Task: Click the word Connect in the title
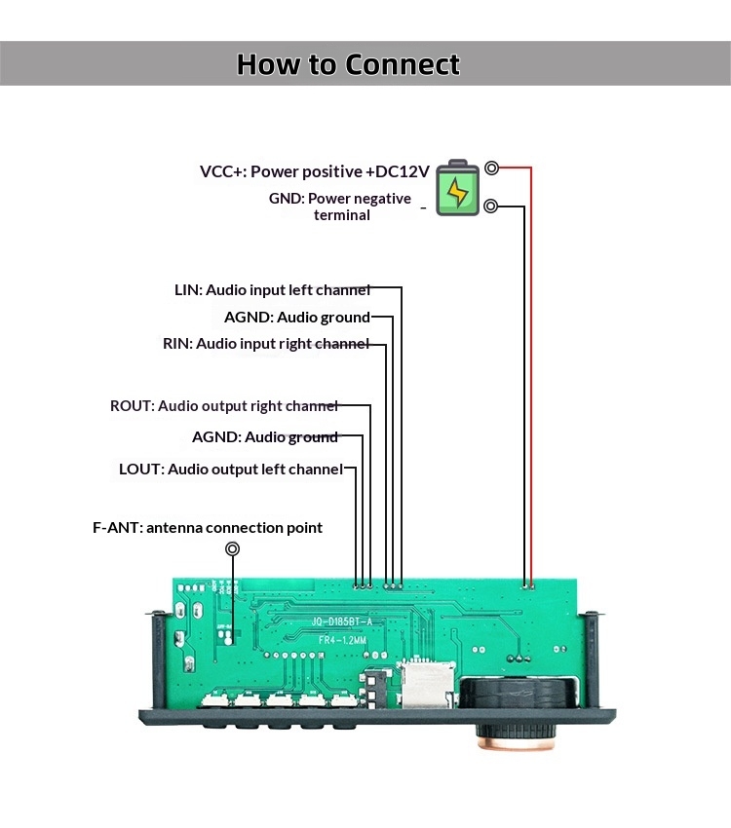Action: tap(403, 64)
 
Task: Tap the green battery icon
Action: tap(457, 189)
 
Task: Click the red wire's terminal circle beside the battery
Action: tap(491, 169)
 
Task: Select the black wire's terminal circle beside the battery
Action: tap(491, 206)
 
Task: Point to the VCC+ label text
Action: tap(222, 171)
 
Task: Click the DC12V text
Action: tap(398, 171)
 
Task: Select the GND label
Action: tap(287, 199)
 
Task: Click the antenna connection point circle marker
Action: tap(233, 549)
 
